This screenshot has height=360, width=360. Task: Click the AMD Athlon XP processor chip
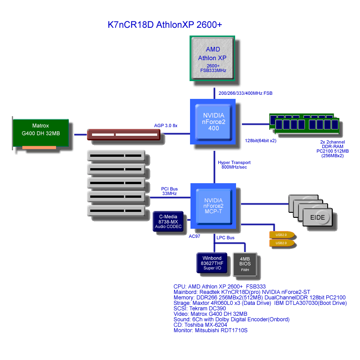click(212, 58)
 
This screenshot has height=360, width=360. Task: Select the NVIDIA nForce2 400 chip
click(213, 122)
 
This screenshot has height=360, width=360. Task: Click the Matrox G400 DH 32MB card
click(41, 134)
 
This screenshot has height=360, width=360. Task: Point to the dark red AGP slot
click(124, 134)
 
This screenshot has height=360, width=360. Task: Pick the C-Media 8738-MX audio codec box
click(168, 221)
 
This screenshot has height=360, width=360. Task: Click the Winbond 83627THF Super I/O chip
click(212, 263)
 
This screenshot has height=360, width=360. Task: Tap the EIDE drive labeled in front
click(318, 217)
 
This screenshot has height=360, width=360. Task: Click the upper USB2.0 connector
click(281, 235)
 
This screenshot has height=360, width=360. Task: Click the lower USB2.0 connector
click(281, 243)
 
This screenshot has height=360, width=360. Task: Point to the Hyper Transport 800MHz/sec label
click(234, 165)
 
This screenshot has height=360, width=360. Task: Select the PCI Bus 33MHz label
click(169, 191)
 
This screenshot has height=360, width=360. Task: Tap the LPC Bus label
click(226, 238)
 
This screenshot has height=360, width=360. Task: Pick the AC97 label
click(195, 237)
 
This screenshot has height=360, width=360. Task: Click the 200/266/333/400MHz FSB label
click(246, 93)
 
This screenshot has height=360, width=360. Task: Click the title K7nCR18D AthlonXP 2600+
click(165, 25)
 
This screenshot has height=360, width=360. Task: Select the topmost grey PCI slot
click(116, 156)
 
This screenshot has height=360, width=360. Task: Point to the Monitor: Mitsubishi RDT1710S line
click(211, 330)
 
